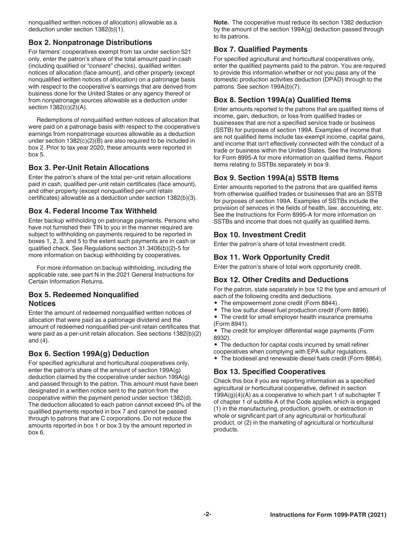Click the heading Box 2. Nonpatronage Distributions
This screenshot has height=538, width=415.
pyautogui.click(x=90, y=42)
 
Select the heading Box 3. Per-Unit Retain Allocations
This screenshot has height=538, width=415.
pyautogui.click(x=88, y=168)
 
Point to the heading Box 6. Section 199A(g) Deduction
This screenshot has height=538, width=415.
pyautogui.click(x=88, y=353)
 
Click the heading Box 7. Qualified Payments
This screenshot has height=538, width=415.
pyautogui.click(x=260, y=49)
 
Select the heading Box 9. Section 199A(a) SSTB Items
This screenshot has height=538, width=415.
pyautogui.click(x=276, y=178)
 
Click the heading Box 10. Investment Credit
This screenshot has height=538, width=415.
pyautogui.click(x=259, y=234)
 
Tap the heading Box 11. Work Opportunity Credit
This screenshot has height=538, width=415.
pyautogui.click(x=271, y=257)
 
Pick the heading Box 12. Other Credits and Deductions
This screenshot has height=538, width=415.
pyautogui.click(x=281, y=279)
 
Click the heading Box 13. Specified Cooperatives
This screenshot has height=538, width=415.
pyautogui.click(x=270, y=371)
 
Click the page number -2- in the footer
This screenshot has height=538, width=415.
pyautogui.click(x=207, y=515)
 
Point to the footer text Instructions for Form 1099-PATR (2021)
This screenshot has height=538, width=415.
pyautogui.click(x=328, y=515)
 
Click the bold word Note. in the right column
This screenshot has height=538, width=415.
pyautogui.click(x=221, y=22)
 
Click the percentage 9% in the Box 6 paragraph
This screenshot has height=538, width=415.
pyautogui.click(x=188, y=405)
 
